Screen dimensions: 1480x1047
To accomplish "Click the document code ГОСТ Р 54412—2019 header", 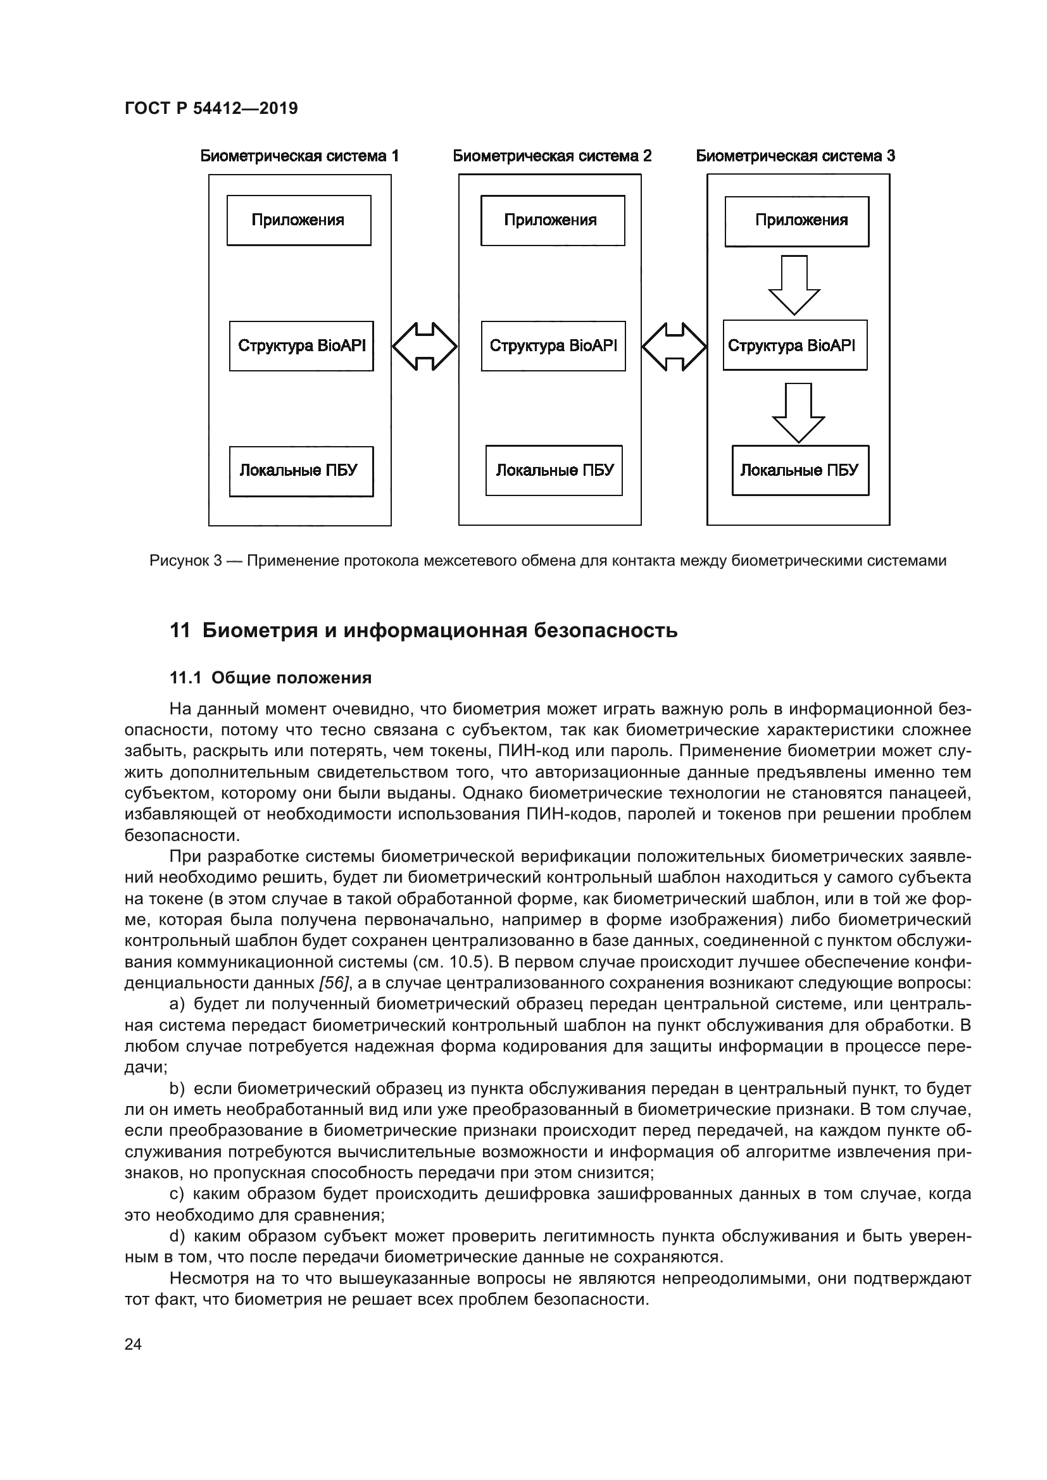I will [211, 108].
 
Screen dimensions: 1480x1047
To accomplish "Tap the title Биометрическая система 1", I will [299, 156].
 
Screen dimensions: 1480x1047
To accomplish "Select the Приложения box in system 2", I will [553, 220].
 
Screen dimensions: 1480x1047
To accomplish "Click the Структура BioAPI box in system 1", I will [301, 346].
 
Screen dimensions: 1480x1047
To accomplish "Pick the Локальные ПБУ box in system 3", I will [800, 471].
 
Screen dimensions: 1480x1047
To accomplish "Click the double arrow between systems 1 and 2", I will [425, 346].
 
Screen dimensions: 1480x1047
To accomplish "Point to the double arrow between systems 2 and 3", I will [674, 346].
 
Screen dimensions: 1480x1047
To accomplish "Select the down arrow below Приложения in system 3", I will [794, 283].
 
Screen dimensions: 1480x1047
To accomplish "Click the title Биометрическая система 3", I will [795, 156].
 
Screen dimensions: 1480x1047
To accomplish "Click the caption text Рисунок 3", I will [185, 561].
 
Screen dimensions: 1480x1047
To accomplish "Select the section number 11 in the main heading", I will [179, 630].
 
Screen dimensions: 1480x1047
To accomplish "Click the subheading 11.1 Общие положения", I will [270, 678].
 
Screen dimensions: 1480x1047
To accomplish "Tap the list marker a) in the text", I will [177, 1004].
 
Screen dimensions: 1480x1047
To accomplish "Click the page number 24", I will [133, 1345].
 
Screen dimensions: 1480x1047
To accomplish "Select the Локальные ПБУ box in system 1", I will [301, 471].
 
